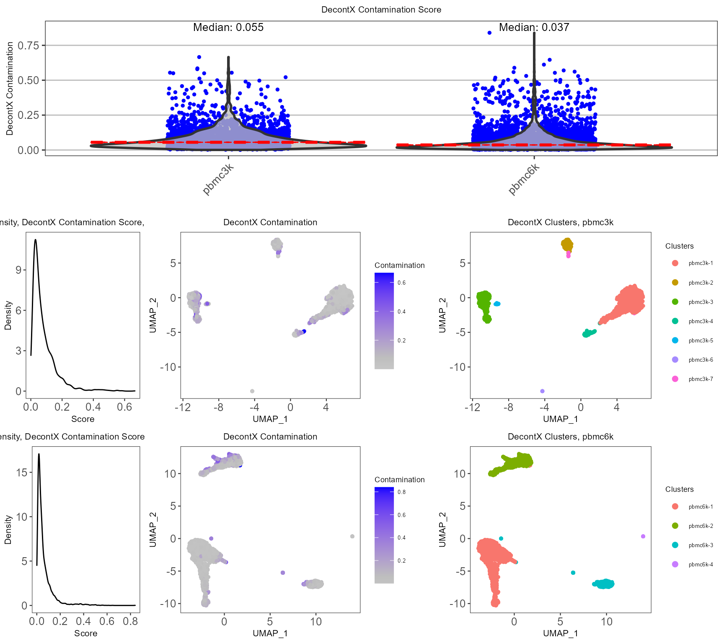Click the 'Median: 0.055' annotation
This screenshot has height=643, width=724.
coord(228,28)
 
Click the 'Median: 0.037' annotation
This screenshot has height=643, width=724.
coord(534,28)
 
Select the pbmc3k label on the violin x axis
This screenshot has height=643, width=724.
coord(218,179)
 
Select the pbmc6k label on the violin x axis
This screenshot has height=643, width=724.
coord(524,179)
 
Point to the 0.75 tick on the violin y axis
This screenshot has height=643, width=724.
coord(28,45)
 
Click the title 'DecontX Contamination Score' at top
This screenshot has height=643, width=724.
coord(381,10)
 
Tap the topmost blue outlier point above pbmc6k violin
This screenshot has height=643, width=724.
coord(489,33)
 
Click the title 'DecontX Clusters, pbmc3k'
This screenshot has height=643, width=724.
coord(560,222)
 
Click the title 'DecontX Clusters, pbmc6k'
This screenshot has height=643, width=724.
coord(560,437)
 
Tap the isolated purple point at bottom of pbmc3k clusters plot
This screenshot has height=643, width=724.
coord(542,391)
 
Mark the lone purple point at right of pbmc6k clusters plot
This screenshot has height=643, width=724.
coord(643,536)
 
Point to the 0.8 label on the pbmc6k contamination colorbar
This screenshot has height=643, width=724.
coord(401,492)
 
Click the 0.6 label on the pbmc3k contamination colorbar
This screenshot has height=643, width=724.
coord(401,283)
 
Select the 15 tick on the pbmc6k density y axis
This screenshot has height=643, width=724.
coord(21,473)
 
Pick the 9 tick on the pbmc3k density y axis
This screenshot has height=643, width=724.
coord(18,270)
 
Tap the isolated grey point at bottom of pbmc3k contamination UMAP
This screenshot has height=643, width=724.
coord(252,391)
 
